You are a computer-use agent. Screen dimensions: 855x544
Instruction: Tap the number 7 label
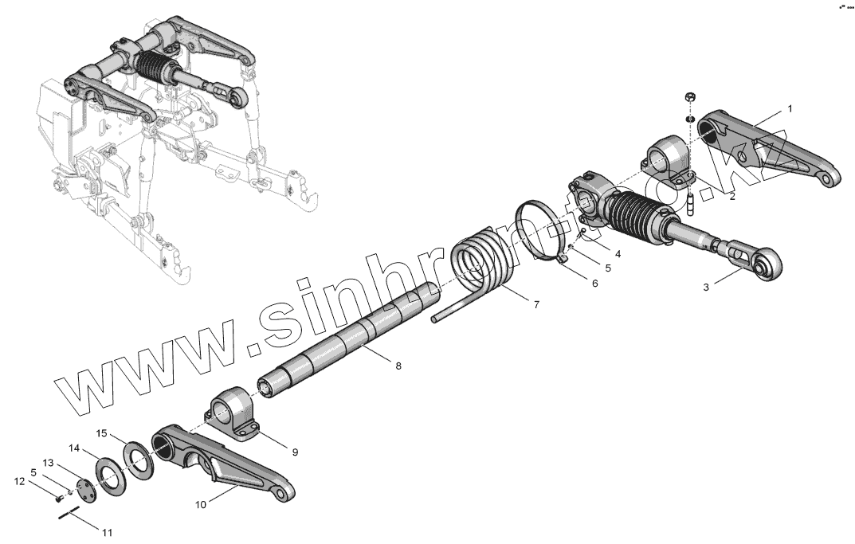[535, 305]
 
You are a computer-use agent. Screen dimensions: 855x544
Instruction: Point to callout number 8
[398, 366]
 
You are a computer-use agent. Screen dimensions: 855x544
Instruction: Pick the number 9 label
[294, 452]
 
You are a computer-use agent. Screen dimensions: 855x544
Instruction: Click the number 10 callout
[200, 504]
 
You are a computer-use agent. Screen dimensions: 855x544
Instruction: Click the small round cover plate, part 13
[85, 488]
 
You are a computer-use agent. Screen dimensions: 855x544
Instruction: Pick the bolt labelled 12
[59, 499]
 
